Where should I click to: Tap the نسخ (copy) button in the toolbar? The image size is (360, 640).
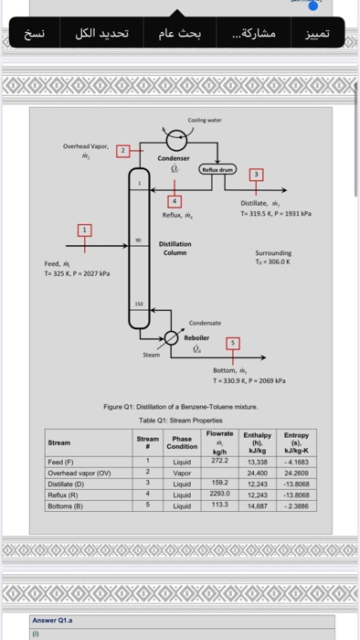coord(34,34)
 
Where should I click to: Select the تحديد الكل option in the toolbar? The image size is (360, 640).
coord(101,34)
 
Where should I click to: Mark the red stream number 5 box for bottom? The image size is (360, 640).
coord(232,343)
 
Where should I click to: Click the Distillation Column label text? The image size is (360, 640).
coord(175,248)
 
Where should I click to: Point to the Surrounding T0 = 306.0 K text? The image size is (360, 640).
coord(274,260)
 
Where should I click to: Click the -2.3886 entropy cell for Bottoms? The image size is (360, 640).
coord(297,505)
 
